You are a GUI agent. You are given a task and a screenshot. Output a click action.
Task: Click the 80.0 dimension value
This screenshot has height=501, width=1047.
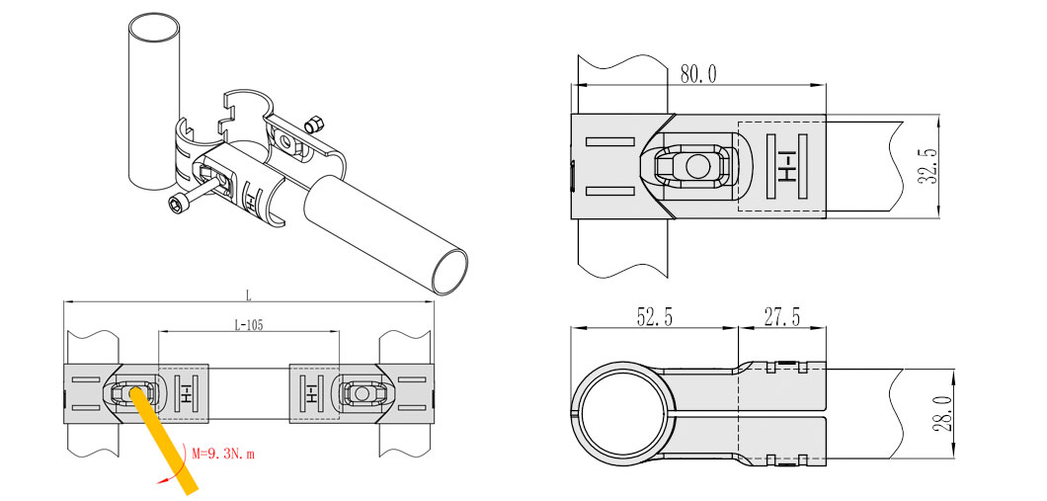coord(698,73)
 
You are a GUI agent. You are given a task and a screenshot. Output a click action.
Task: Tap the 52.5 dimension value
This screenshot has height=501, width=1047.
coord(654,316)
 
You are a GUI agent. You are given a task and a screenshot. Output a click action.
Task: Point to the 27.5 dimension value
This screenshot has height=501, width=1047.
coord(782,316)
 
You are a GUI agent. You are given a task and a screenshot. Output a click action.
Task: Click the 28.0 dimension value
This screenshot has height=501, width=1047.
coord(944,413)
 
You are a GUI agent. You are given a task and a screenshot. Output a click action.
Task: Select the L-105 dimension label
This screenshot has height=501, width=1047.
coord(248,325)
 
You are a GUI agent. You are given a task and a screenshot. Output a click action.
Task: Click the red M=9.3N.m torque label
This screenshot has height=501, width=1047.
coord(223,455)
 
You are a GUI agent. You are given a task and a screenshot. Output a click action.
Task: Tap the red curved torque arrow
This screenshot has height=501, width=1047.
coord(172,471)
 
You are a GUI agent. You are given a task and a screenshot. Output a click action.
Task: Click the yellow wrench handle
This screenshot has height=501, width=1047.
coord(163,440)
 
